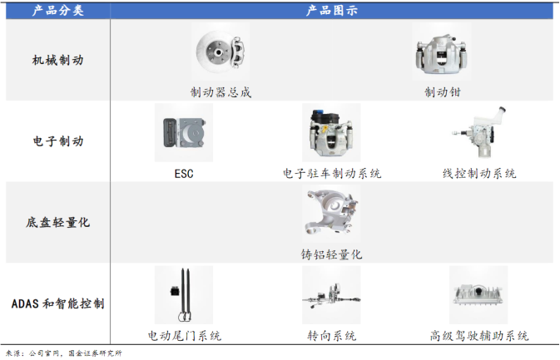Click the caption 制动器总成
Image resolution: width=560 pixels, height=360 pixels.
[x=221, y=93]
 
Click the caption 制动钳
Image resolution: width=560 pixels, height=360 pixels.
[x=443, y=93]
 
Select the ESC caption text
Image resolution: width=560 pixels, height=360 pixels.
[x=184, y=174]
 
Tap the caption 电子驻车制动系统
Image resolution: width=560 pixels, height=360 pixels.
[x=332, y=174]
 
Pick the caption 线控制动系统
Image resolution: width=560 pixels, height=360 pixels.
[x=479, y=174]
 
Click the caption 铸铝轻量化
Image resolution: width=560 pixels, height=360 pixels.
[x=332, y=254]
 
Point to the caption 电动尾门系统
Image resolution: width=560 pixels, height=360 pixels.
[x=184, y=336]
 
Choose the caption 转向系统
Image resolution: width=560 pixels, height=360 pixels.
[x=332, y=336]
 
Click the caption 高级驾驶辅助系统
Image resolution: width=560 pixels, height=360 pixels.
[x=479, y=336]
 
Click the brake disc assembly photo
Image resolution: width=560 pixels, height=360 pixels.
[x=221, y=52]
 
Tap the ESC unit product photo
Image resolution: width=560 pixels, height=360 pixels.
[x=184, y=133]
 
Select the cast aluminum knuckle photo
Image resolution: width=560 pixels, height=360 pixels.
[x=332, y=214]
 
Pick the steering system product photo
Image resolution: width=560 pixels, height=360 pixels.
[x=332, y=295]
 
